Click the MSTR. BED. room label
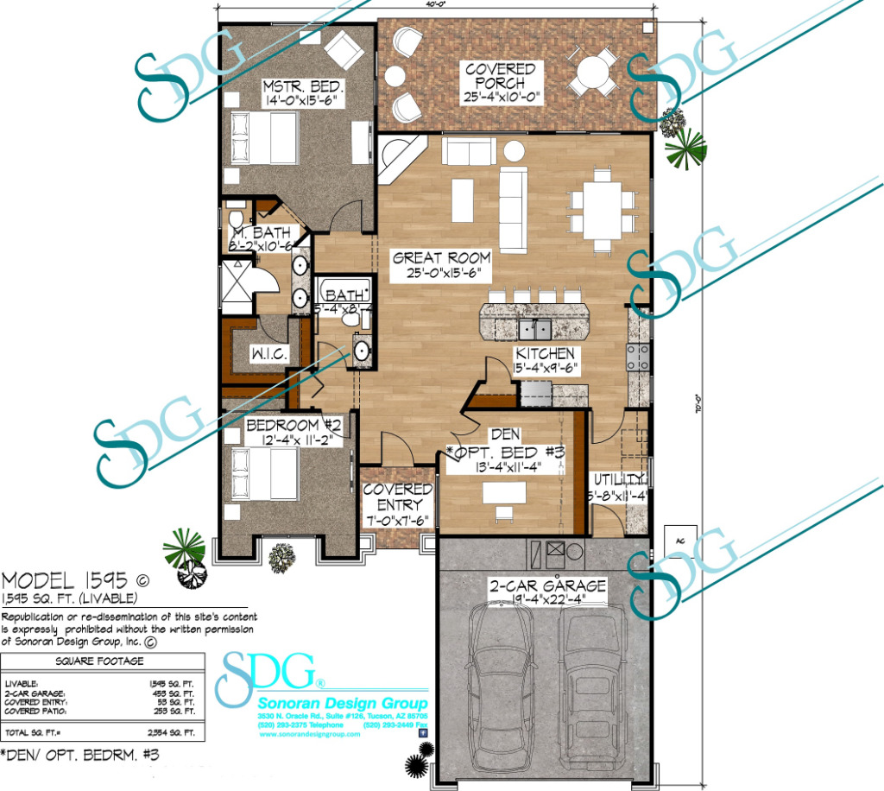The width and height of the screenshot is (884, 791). coord(303,88)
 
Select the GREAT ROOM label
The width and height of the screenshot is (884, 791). coord(441,257)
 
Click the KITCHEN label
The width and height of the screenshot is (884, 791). coord(545,353)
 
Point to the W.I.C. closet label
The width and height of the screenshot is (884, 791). coord(268,354)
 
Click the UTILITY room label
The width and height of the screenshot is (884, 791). coord(618,480)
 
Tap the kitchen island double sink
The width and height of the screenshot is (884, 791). coord(534,329)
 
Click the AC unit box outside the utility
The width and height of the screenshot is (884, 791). coord(680,540)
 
